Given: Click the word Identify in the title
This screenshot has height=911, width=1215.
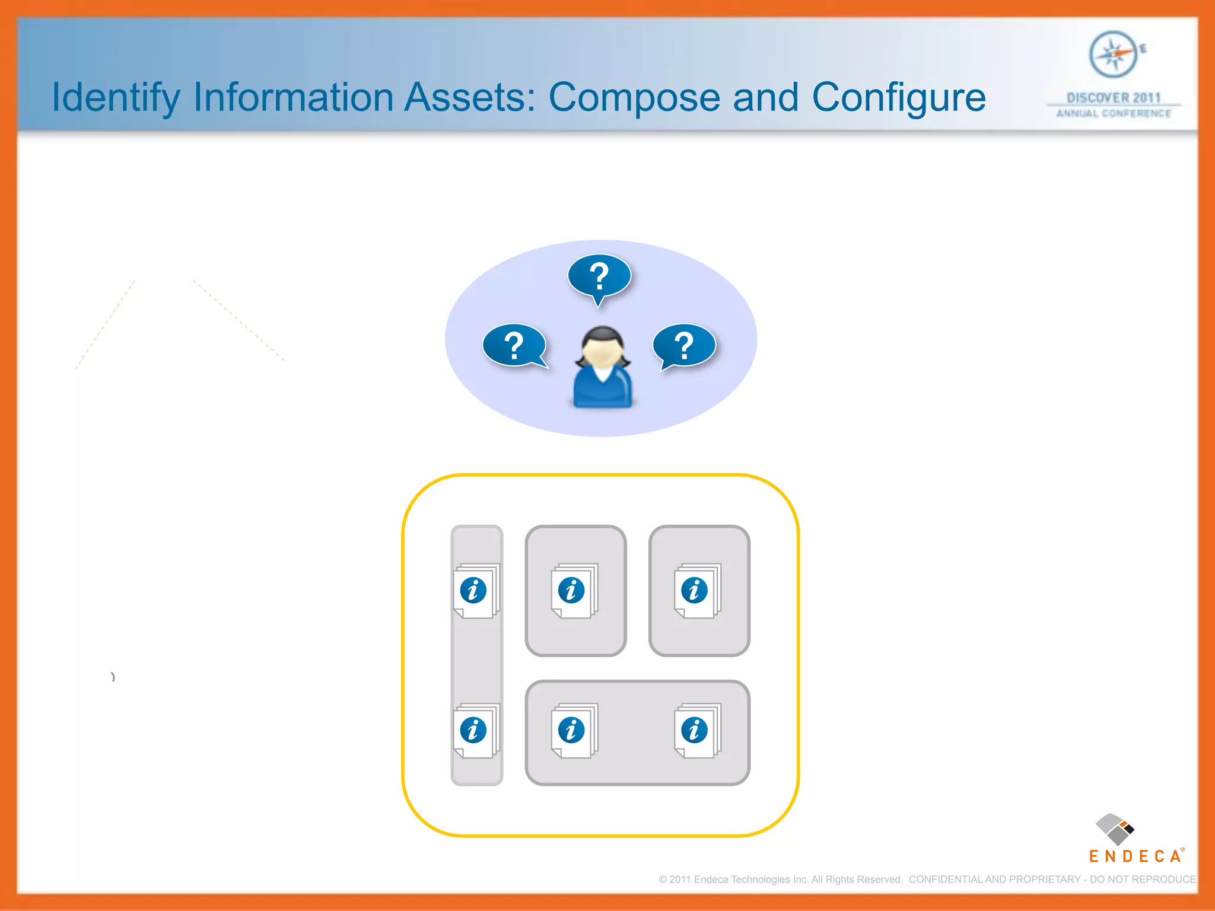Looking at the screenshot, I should point(116,98).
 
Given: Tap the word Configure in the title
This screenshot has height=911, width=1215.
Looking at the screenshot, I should point(898,98).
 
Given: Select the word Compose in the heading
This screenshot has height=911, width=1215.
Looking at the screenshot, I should point(634,98).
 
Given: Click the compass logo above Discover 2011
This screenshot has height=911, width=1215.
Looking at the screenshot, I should point(1114,55).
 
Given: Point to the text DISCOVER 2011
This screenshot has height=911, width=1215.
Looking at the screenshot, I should point(1114,98).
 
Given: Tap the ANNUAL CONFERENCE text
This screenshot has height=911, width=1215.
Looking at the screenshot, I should point(1114,113).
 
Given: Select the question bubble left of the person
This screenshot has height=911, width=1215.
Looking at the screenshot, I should point(514,345).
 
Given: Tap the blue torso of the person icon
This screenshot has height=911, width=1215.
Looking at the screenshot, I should point(602,388).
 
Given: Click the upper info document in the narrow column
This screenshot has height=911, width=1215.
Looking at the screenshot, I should point(475,591).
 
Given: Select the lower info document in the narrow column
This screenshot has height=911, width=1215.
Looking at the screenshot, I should point(475,731).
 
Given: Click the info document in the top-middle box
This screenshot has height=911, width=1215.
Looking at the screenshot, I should point(573,591).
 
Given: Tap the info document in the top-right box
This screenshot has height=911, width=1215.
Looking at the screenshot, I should point(696,591).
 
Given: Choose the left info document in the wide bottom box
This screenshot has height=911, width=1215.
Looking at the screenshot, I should point(573,731).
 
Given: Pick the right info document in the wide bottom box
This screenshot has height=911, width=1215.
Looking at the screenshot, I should point(696,731).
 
